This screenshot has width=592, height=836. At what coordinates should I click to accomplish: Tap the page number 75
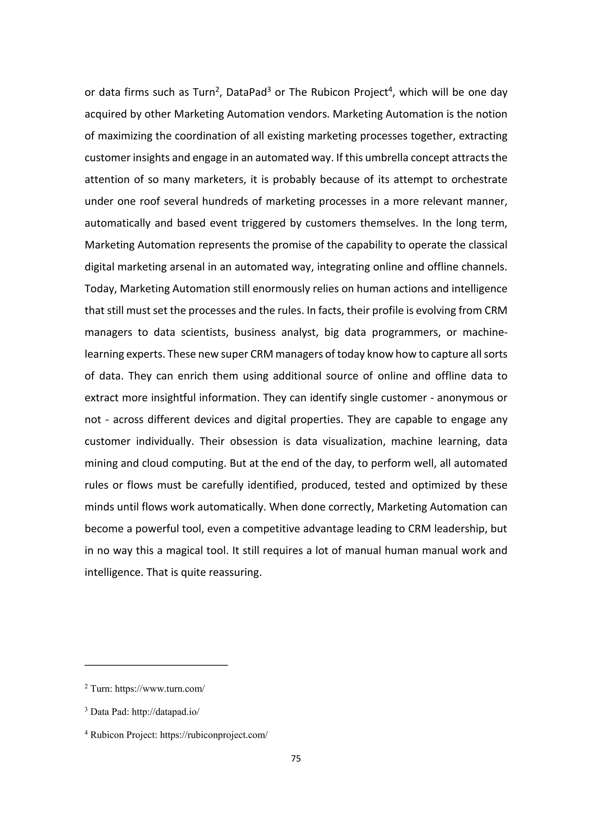(x=296, y=758)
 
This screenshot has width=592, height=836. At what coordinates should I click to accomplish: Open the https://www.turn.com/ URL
(x=160, y=689)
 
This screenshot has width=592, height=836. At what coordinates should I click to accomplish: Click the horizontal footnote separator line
(x=156, y=665)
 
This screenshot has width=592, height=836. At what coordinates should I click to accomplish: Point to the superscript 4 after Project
(x=390, y=89)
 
